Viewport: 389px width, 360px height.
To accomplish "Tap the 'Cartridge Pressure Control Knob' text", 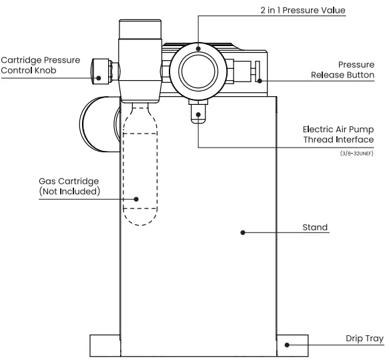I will point(41,65).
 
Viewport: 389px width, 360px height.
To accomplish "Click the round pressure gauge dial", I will point(197,69).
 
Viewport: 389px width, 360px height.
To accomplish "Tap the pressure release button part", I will point(257,70).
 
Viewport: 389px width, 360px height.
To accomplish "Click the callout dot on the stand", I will point(243,232).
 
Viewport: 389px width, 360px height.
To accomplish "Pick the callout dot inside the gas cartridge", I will point(135,198).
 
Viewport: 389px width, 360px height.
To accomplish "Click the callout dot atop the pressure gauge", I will point(198,47).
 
